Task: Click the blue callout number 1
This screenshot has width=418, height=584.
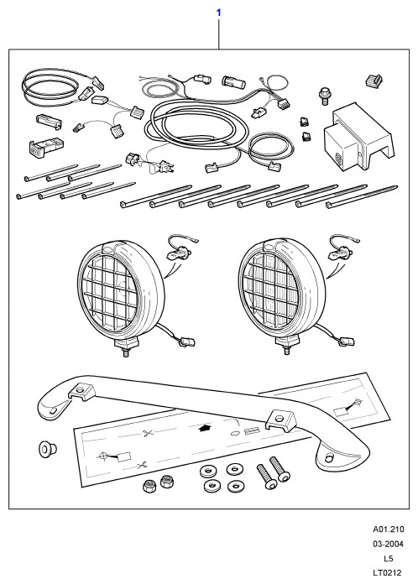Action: point(219,13)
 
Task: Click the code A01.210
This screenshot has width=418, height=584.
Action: point(388,529)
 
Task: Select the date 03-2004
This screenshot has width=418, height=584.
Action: point(388,544)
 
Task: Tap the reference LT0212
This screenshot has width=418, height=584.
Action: point(388,572)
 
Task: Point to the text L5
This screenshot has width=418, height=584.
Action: point(388,558)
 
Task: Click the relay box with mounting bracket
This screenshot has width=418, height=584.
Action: point(358,138)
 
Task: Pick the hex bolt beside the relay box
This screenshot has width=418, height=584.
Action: point(325,96)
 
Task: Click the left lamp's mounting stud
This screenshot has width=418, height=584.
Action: point(126,352)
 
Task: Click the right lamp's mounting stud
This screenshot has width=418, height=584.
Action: point(287,349)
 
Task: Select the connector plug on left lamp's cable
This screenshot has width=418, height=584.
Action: point(187,342)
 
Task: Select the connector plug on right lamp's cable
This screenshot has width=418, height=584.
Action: point(347,342)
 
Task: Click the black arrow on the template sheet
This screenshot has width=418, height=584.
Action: point(205,428)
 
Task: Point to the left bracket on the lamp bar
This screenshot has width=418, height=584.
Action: point(81,391)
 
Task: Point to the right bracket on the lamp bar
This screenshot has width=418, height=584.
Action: point(281,420)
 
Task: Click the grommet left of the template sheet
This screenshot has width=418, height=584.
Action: point(47,449)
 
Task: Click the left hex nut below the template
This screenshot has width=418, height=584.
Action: point(150,486)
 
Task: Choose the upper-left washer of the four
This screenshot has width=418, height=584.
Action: point(206,472)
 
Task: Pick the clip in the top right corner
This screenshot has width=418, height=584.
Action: point(374,81)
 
